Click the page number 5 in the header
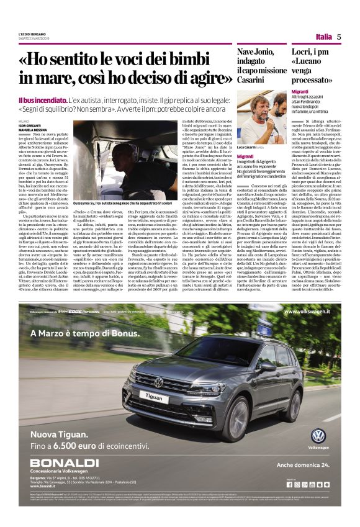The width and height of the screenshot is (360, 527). click(x=340, y=37)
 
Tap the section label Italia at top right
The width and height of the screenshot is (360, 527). click(x=323, y=37)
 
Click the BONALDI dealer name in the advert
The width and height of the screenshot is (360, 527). click(x=65, y=463)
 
